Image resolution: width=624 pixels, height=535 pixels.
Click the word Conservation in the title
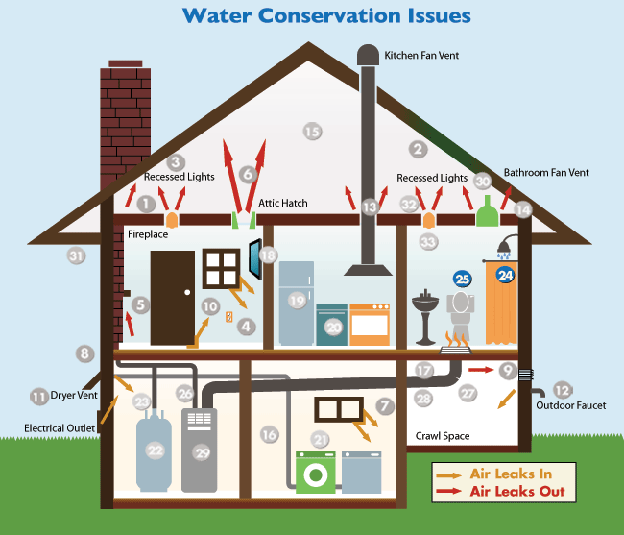tap(330, 16)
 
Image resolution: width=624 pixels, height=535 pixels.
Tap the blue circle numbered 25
tap(463, 280)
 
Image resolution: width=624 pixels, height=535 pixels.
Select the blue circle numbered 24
tap(505, 275)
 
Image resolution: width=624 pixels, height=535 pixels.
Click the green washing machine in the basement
tap(316, 473)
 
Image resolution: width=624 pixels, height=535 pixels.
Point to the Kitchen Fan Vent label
tap(421, 56)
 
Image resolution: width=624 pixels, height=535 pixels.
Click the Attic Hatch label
tap(283, 203)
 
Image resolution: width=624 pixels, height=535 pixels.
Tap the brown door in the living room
tap(172, 298)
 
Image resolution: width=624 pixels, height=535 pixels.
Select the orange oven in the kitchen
tap(370, 324)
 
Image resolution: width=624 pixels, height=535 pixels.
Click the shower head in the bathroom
tap(506, 247)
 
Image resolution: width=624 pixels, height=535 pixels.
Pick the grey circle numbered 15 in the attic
tap(312, 132)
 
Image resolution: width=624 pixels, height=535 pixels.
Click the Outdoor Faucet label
tap(571, 405)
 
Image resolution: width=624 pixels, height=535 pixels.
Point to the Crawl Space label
tap(443, 436)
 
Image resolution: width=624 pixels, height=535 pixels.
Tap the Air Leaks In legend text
tap(511, 474)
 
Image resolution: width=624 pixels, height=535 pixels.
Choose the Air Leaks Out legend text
tap(517, 491)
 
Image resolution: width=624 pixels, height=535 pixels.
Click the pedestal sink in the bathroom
tap(425, 317)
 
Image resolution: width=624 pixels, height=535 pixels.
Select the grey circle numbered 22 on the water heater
tap(155, 450)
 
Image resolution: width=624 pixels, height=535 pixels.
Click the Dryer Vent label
tap(74, 396)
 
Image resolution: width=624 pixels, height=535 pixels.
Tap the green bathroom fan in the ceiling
tap(488, 211)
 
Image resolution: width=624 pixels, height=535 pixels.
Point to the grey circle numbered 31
tap(76, 255)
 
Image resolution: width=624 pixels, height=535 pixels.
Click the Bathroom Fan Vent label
tap(546, 173)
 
